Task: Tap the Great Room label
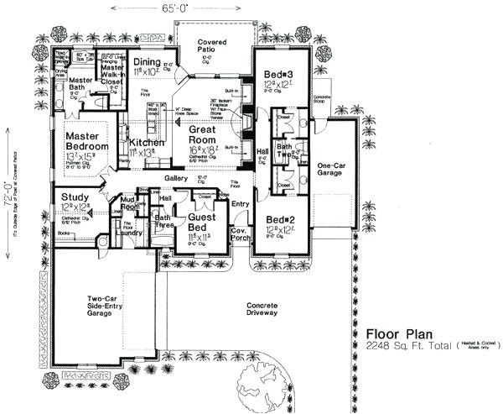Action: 203,134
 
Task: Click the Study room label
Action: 75,197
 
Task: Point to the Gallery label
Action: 176,178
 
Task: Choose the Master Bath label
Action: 81,84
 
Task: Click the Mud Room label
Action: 129,202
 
